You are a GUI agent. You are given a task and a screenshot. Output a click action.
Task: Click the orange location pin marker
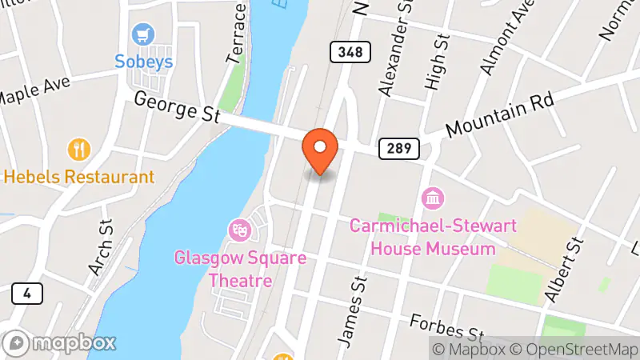click(320, 150)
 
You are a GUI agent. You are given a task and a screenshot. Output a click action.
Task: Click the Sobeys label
click(144, 62)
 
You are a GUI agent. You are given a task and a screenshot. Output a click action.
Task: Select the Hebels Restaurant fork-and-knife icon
click(79, 150)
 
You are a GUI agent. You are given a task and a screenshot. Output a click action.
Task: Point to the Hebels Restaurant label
click(78, 177)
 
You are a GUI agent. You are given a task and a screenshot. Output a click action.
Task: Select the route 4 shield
click(27, 294)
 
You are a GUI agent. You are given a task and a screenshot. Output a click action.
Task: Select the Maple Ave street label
click(35, 90)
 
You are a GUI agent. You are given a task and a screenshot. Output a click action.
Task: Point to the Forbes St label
click(448, 326)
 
